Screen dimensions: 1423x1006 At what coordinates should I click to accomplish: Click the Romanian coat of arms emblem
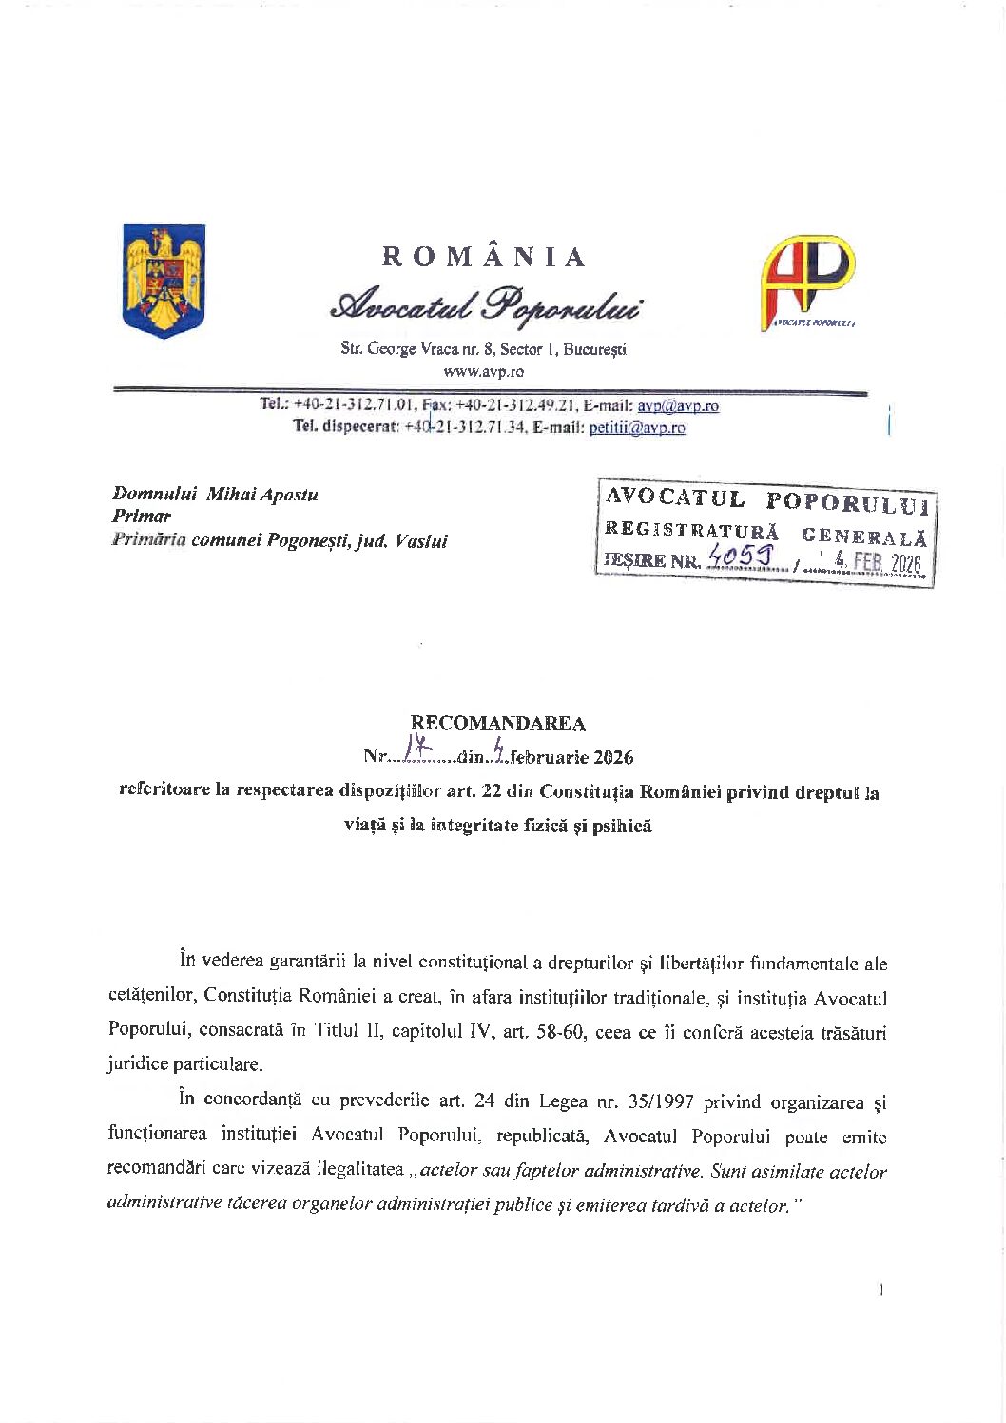(x=164, y=280)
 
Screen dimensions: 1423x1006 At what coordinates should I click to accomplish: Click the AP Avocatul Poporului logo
(x=807, y=282)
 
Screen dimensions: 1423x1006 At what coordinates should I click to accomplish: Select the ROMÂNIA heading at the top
(x=484, y=257)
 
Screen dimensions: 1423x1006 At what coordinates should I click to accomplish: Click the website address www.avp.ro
(x=484, y=372)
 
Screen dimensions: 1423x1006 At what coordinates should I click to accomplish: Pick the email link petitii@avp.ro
(x=637, y=428)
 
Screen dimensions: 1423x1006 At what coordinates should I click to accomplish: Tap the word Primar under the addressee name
(x=142, y=517)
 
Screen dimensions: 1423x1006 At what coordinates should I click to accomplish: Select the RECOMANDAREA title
(x=498, y=724)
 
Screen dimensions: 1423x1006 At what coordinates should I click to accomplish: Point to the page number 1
(x=881, y=1291)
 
